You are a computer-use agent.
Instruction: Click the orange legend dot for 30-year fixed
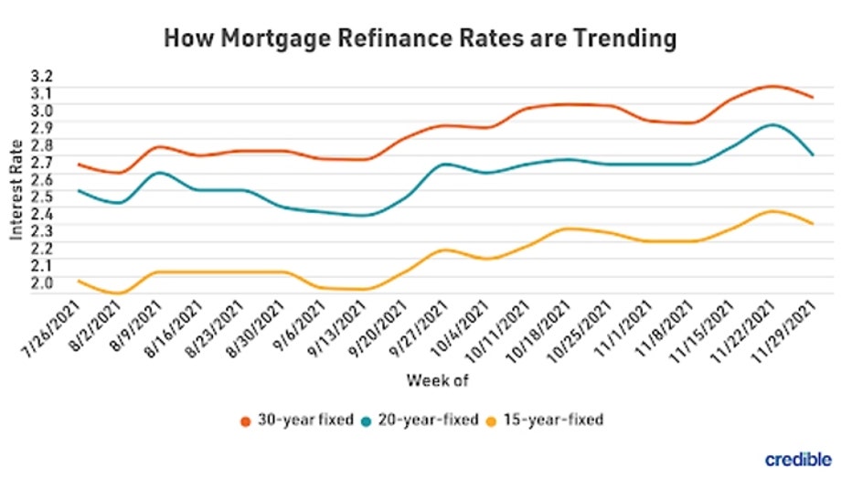[x=245, y=420]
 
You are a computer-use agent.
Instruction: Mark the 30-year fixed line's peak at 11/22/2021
[x=772, y=86]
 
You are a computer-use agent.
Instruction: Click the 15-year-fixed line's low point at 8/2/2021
[x=120, y=293]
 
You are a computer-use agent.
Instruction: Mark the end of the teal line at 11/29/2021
[x=813, y=154]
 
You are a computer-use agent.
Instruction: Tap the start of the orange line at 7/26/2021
[x=80, y=165]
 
